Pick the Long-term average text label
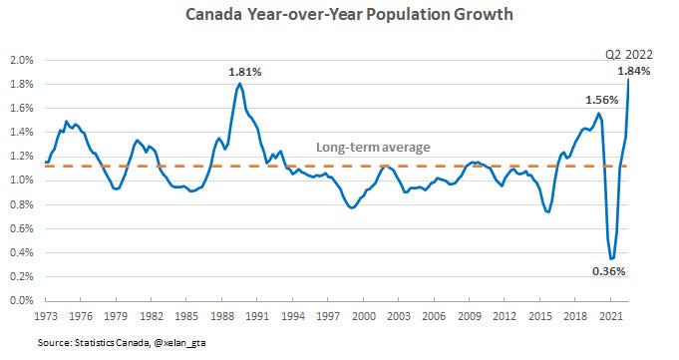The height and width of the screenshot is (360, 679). point(373,148)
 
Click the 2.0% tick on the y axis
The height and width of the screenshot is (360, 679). point(21,60)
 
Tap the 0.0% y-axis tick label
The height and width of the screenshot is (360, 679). point(21,300)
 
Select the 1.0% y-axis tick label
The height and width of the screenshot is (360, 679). point(21,180)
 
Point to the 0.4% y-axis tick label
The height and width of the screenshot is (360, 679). point(21,252)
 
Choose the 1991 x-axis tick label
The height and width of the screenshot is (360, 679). point(257,315)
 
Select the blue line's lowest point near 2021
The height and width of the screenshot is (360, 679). point(611,257)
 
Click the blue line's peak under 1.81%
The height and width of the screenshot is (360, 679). point(239,84)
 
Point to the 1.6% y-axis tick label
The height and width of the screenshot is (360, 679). point(21,108)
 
